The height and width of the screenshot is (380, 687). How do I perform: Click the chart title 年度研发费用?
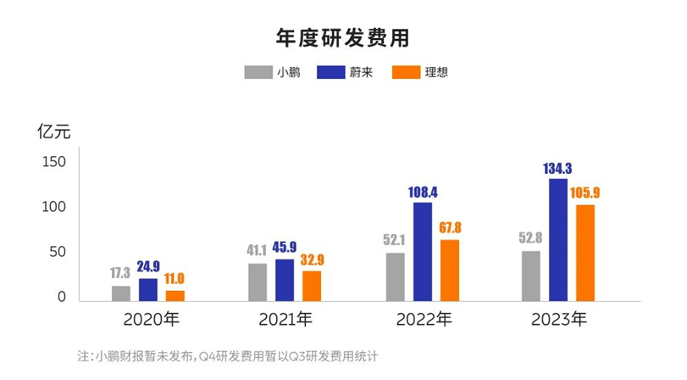click(x=343, y=37)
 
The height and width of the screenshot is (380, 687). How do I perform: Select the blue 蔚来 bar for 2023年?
click(x=558, y=240)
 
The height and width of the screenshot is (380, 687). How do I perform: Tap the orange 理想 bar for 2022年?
click(x=449, y=271)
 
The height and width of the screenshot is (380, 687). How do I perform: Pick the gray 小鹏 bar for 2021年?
click(x=258, y=282)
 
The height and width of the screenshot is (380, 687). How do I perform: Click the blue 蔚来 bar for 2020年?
click(x=148, y=290)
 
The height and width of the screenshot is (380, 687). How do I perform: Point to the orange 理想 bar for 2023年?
click(x=585, y=253)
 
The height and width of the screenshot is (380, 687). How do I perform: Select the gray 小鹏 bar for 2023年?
click(x=531, y=276)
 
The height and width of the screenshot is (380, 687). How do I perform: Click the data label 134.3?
click(x=558, y=169)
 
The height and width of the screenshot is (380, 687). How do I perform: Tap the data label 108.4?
click(x=422, y=193)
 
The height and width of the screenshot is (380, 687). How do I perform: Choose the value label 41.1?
click(x=258, y=251)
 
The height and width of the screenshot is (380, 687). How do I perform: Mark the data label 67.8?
click(x=449, y=228)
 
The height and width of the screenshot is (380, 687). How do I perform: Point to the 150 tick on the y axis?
click(x=54, y=162)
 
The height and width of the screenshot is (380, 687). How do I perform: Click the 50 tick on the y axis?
click(x=58, y=253)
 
